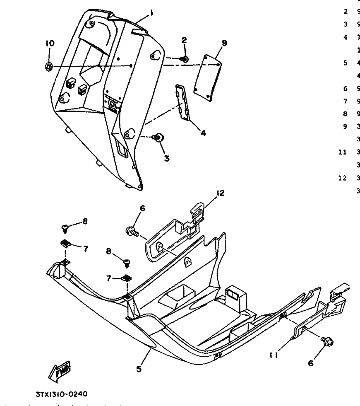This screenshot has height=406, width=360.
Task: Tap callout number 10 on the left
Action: click(x=50, y=43)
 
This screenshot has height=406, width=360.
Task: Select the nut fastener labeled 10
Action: click(x=48, y=65)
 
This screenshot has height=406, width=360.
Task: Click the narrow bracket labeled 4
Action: click(x=183, y=103)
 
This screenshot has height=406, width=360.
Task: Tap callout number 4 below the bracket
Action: click(x=203, y=133)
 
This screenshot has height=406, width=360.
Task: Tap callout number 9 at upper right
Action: click(x=224, y=43)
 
